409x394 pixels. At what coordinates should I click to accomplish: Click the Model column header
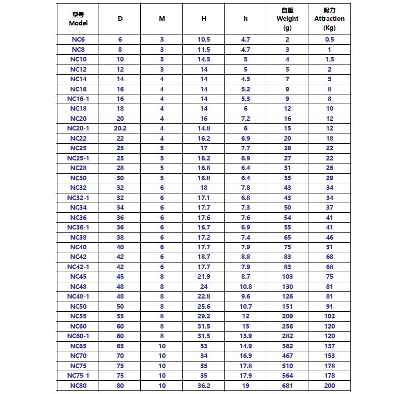[78, 19]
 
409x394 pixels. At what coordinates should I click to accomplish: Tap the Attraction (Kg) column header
[329, 19]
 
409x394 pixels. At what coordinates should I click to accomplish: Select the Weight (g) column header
[287, 19]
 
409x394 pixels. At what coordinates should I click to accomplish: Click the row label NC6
[78, 40]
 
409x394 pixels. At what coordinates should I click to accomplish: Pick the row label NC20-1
[78, 128]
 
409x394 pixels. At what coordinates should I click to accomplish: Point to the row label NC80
[78, 385]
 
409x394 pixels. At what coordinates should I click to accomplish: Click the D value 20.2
[120, 128]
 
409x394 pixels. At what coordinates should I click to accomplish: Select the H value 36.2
[204, 385]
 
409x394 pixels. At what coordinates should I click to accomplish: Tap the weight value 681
[287, 385]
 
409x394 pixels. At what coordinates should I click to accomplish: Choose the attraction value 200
[329, 385]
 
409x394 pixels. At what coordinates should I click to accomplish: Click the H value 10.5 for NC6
[204, 40]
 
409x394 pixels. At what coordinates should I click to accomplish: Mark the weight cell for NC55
[287, 316]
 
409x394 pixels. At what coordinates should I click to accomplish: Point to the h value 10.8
[246, 287]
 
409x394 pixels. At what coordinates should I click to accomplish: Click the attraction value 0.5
[329, 40]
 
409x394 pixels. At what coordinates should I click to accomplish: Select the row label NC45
[78, 277]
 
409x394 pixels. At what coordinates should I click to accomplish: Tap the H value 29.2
[204, 316]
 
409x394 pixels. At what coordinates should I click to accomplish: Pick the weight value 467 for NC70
[287, 356]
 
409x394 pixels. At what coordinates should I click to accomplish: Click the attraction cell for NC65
[329, 346]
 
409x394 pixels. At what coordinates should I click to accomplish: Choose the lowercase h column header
[246, 19]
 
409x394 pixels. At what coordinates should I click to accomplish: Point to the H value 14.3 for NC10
[204, 59]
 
